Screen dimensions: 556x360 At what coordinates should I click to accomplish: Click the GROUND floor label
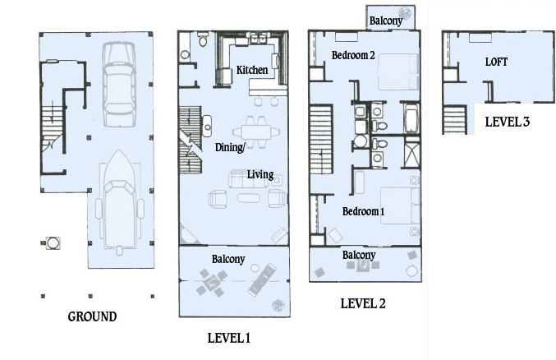92,316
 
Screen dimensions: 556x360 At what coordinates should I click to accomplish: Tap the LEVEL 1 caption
229,338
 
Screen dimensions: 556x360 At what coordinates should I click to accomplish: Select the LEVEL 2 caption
363,303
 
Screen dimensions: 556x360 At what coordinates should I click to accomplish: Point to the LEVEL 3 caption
507,122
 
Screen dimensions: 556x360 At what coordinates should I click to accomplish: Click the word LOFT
496,62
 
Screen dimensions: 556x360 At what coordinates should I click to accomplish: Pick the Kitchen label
252,70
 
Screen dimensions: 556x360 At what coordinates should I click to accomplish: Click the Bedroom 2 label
353,55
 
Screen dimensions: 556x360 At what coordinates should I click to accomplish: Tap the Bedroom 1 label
364,211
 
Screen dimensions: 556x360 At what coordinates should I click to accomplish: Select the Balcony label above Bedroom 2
386,21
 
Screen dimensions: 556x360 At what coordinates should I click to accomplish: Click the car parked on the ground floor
119,84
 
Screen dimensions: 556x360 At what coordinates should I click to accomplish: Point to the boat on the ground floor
119,201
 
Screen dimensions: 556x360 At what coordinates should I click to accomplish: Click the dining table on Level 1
256,132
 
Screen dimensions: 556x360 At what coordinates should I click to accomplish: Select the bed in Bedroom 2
398,72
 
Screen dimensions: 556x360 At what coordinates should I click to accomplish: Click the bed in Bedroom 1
400,205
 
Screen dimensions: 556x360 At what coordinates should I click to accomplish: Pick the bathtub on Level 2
411,118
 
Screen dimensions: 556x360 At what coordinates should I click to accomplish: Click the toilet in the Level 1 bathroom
203,39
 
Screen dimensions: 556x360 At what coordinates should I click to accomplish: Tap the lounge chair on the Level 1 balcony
263,279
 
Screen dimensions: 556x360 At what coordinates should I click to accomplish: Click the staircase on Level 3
454,120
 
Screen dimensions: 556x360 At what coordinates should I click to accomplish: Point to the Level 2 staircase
321,140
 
